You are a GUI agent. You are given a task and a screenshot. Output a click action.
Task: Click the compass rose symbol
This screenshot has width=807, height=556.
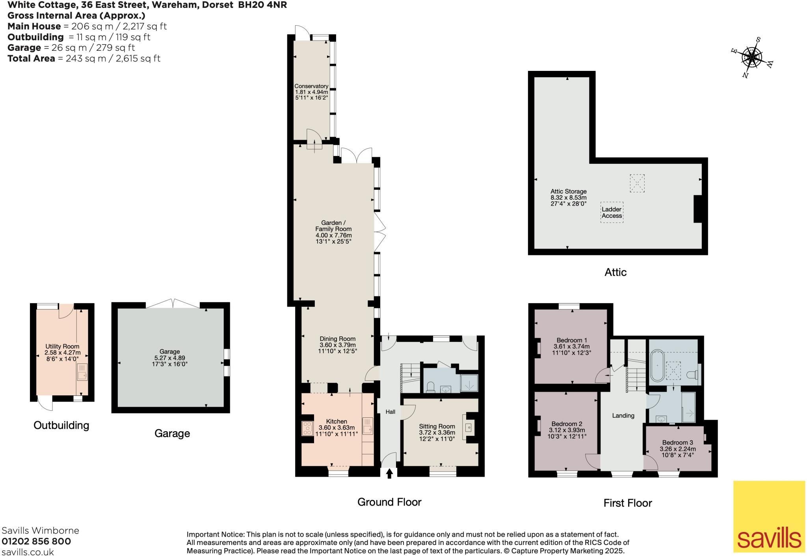click(x=751, y=58)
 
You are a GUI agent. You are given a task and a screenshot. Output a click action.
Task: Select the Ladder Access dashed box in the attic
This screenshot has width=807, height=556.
click(x=612, y=213)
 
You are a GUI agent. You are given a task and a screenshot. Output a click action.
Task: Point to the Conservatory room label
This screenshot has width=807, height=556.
click(x=311, y=86)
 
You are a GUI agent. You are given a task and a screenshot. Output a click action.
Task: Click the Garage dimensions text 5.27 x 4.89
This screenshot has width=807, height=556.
click(x=169, y=358)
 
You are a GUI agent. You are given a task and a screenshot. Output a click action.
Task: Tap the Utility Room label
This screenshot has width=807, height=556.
click(x=62, y=347)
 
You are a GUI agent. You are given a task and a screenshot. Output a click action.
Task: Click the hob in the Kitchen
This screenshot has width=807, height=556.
click(x=307, y=428)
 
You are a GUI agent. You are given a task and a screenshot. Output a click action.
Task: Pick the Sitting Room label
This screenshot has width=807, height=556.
click(x=437, y=426)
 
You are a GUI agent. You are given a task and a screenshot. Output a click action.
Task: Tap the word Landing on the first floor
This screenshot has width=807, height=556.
click(x=623, y=415)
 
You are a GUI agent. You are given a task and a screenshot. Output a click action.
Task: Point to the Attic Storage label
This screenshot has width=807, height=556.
click(x=569, y=191)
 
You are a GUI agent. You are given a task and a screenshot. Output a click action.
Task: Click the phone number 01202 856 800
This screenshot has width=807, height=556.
click(x=37, y=541)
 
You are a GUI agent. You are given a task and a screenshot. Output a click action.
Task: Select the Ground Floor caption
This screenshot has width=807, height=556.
click(x=389, y=502)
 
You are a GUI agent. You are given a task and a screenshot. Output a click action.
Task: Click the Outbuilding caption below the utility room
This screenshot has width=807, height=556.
click(x=61, y=425)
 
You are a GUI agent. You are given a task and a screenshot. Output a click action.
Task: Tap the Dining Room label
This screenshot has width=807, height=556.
click(x=338, y=339)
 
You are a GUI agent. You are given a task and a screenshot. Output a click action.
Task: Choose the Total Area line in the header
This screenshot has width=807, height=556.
click(x=84, y=58)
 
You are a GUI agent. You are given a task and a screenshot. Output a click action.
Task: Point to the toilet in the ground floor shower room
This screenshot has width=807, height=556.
click(x=430, y=387)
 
